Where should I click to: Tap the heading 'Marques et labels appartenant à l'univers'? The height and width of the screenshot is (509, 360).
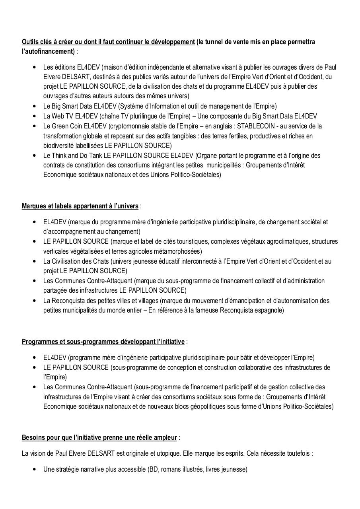pos(80,206)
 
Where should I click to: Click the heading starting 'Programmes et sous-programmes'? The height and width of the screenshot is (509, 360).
pos(103,342)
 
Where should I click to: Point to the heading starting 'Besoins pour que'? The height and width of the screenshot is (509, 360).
pos(99,437)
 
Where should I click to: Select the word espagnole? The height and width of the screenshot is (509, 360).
pos(270,310)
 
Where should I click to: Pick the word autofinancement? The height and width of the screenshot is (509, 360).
pos(49,51)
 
